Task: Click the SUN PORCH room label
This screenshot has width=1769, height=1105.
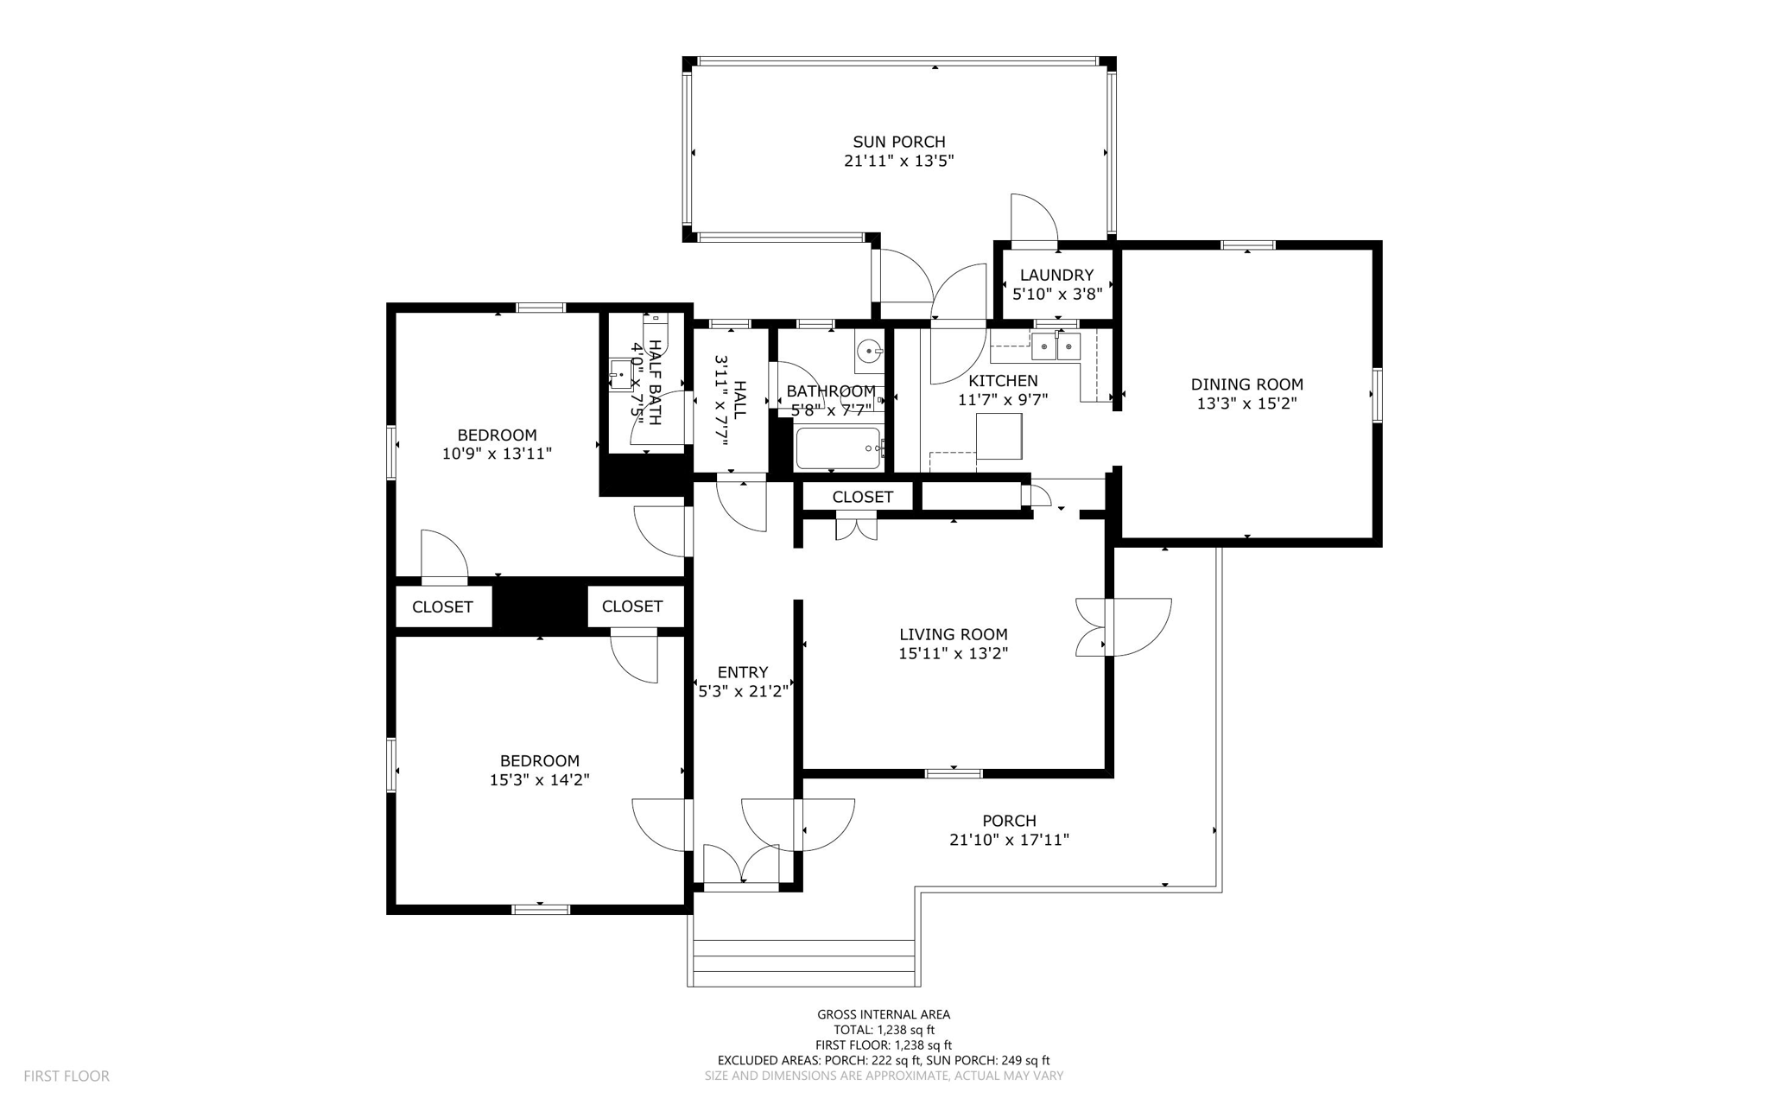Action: point(898,142)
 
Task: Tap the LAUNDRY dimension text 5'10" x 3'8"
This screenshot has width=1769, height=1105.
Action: point(1056,294)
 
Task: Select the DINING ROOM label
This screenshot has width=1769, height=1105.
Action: point(1246,384)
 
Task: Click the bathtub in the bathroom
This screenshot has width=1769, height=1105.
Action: point(837,448)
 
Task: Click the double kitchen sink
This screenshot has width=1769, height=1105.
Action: point(1056,347)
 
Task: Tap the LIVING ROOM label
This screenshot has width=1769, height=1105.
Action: point(953,635)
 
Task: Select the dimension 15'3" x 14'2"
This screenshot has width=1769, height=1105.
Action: point(539,780)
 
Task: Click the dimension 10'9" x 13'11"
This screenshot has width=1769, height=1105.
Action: point(497,454)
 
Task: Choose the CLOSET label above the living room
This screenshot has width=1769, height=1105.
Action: point(862,497)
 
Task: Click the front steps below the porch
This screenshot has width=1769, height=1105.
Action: point(803,961)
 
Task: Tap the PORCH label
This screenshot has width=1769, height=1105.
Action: point(1009,821)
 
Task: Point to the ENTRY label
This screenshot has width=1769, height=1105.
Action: point(742,672)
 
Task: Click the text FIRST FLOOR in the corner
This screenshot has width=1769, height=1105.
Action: point(67,1076)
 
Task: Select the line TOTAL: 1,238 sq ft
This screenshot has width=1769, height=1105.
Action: point(884,1030)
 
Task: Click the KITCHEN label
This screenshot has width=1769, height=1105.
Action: point(1003,381)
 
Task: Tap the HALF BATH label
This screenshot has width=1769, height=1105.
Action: point(655,382)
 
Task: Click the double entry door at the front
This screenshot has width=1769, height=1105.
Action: point(741,866)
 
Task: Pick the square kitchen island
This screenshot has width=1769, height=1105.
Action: point(999,436)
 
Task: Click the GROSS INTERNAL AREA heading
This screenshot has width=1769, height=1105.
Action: point(884,1014)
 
